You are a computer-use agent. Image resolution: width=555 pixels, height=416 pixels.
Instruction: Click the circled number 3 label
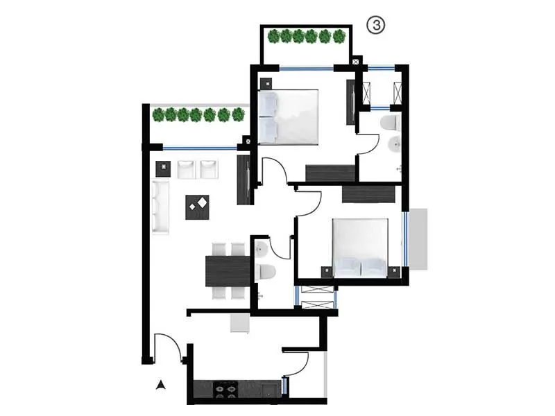click(375, 26)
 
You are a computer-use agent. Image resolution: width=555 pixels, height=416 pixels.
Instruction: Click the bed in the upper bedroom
click(289, 116)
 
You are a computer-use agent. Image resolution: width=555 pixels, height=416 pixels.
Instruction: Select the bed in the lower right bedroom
click(360, 248)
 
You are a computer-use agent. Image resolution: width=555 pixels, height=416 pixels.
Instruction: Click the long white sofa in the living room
click(160, 207)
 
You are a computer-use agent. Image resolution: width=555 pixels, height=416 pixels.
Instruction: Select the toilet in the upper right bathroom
click(388, 124)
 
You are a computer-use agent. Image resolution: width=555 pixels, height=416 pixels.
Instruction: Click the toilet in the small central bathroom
click(266, 271)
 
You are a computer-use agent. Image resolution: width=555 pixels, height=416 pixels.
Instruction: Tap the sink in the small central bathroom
click(259, 248)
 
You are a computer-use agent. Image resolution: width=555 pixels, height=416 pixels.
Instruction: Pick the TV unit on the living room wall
click(244, 180)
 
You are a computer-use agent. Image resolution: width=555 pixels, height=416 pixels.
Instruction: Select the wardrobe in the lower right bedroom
click(368, 194)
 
